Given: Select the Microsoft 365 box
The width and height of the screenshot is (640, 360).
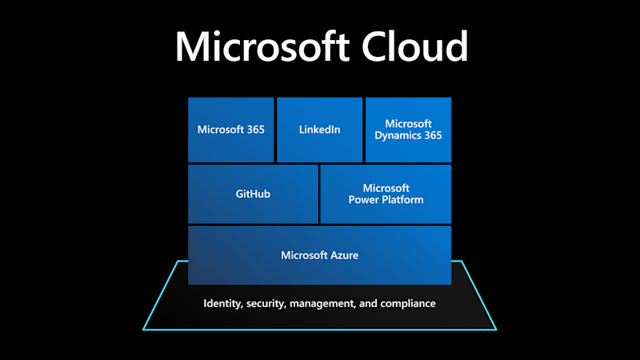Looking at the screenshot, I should pyautogui.click(x=231, y=130).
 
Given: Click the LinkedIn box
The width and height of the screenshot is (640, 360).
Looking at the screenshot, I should pyautogui.click(x=320, y=130).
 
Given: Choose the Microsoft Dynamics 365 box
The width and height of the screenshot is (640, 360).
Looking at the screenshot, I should pyautogui.click(x=408, y=130).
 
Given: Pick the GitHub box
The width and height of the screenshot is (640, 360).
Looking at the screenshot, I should pyautogui.click(x=253, y=194).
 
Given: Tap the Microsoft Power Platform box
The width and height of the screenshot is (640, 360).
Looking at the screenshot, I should pyautogui.click(x=386, y=194).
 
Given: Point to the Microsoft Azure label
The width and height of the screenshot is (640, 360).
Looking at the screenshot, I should pyautogui.click(x=319, y=255).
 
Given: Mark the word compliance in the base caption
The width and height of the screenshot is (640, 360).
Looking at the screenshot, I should pyautogui.click(x=407, y=304).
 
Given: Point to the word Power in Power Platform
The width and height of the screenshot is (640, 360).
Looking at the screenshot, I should pyautogui.click(x=365, y=199).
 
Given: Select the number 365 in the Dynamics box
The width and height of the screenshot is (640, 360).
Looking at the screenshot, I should pyautogui.click(x=432, y=135).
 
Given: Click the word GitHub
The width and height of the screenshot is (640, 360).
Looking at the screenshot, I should pyautogui.click(x=253, y=194).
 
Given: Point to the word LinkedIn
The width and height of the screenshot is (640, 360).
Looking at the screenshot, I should pyautogui.click(x=320, y=130).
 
